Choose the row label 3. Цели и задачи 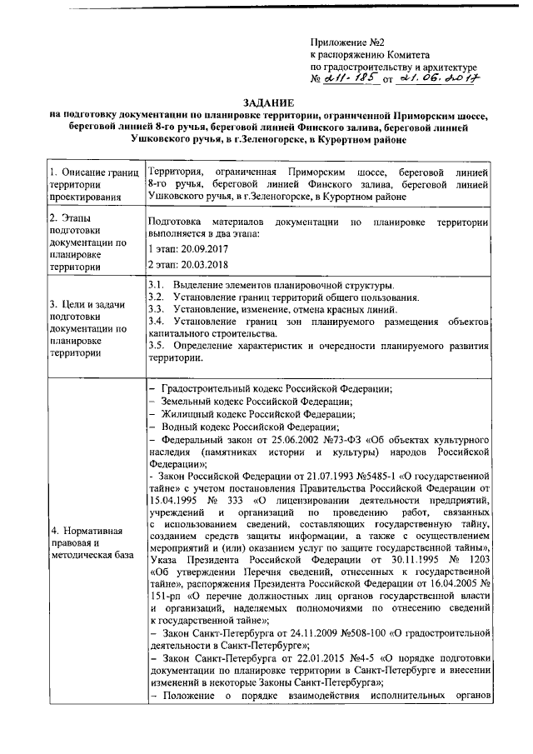click(x=87, y=306)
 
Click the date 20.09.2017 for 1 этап click(x=203, y=248)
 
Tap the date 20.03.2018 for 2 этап click(x=203, y=264)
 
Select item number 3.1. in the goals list click(x=156, y=286)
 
